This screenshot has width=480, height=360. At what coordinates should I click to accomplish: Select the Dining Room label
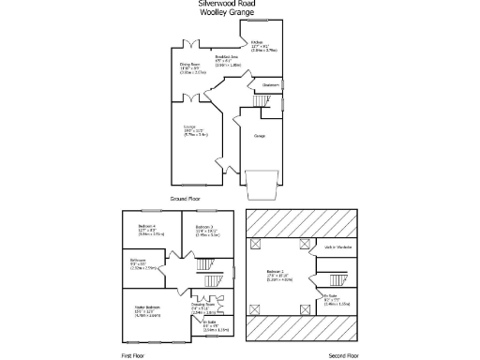[191, 65]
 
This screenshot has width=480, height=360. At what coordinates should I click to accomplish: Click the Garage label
[259, 136]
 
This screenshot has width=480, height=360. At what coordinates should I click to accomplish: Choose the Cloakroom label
[271, 84]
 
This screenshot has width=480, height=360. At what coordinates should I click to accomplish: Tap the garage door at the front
[262, 186]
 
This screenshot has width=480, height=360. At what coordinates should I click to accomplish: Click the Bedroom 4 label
[146, 227]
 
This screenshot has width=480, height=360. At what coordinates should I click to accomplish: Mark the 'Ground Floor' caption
[187, 199]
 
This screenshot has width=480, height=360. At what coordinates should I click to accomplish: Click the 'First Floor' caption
[133, 355]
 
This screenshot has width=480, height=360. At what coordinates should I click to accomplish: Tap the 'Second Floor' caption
[344, 355]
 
